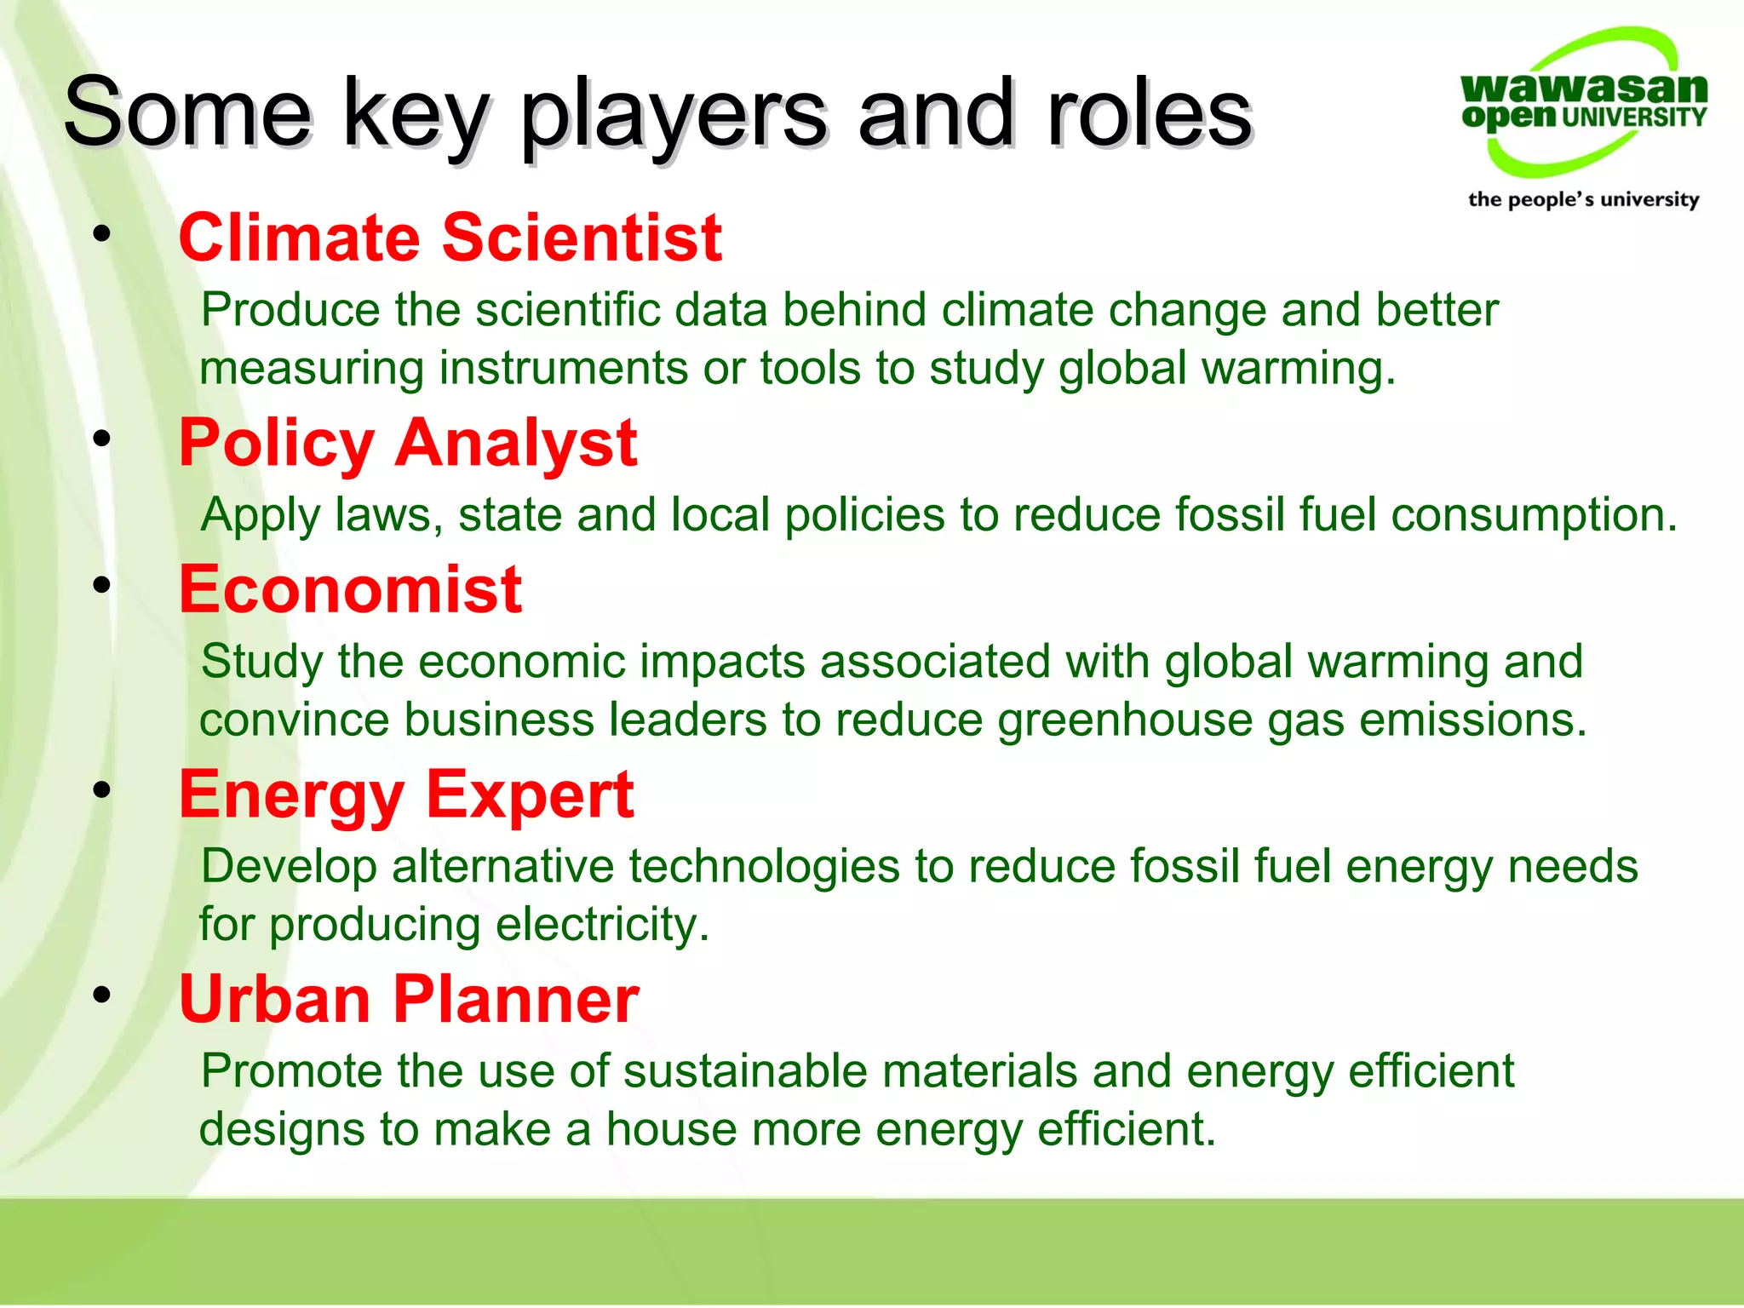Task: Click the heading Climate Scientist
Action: (x=450, y=238)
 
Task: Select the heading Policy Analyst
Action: (x=407, y=444)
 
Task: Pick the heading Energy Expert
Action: (x=405, y=795)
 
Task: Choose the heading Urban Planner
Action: (x=408, y=999)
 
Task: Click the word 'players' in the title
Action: (x=673, y=115)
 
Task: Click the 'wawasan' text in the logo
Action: (x=1583, y=88)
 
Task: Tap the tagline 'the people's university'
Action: (x=1583, y=200)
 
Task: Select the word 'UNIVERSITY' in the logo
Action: (x=1634, y=118)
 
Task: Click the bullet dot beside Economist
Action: (x=102, y=585)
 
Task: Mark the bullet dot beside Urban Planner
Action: (x=102, y=995)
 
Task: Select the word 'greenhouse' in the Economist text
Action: (x=1125, y=720)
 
